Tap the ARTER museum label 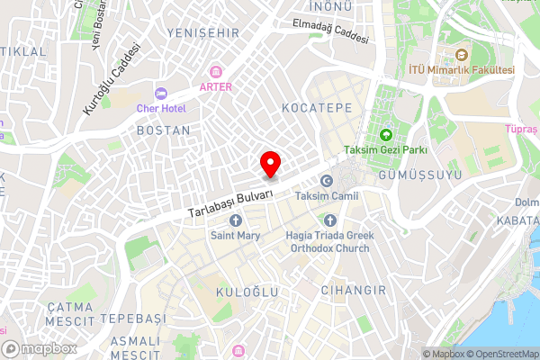(x=217, y=86)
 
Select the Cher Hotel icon (x=162, y=93)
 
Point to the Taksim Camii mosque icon (x=327, y=181)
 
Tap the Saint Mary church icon (x=236, y=220)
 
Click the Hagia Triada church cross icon (x=330, y=220)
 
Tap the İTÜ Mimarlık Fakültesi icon (x=462, y=54)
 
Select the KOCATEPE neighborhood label (x=316, y=107)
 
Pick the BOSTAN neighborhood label (x=163, y=130)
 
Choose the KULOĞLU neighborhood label (x=247, y=292)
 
